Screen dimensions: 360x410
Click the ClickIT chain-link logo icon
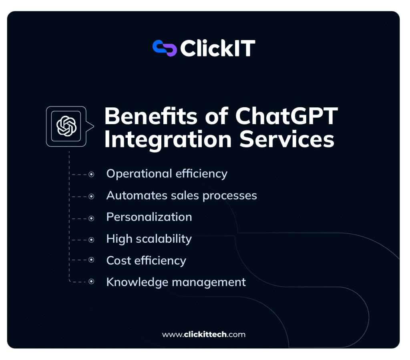165,48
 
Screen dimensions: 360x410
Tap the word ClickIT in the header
217,48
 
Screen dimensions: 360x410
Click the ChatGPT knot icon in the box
66,126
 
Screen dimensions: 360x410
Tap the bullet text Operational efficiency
167,174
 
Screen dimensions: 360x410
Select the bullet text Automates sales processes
181,195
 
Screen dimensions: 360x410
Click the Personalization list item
149,217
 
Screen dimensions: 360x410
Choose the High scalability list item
149,239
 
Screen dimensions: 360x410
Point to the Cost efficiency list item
146,261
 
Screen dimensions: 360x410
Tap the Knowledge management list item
176,282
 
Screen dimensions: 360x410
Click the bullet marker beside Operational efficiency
91,175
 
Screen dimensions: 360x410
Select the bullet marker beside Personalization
91,218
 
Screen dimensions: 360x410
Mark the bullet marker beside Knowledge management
91,282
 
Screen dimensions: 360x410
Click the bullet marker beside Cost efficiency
91,260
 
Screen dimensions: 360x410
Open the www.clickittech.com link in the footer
203,334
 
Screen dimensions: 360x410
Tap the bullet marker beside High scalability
91,240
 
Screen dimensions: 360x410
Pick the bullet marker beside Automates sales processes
91,197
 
